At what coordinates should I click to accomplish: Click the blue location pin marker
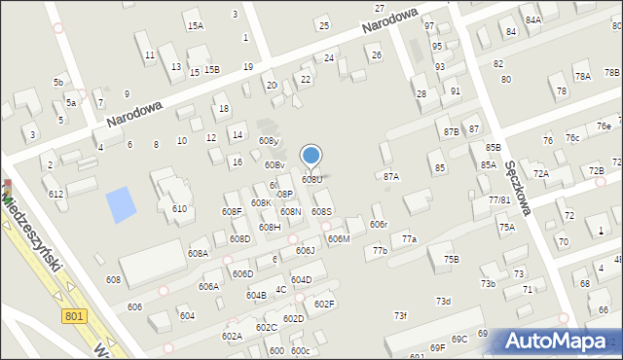tap(311, 156)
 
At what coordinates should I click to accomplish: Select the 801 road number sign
tap(75, 315)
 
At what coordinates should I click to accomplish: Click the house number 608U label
tap(311, 179)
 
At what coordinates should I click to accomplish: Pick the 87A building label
tap(391, 176)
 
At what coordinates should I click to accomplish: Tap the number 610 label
tap(179, 209)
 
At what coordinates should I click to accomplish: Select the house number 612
tap(56, 194)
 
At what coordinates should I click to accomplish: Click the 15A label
tap(196, 25)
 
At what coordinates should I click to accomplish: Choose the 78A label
tap(582, 76)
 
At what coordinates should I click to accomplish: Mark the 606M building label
tap(339, 238)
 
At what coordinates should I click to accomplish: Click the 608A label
tap(198, 253)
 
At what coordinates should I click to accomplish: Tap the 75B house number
tap(451, 259)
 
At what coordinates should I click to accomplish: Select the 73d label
tap(443, 301)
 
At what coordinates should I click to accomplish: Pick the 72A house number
tap(541, 173)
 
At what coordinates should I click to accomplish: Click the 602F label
tap(324, 304)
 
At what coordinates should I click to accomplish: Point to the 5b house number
tap(58, 83)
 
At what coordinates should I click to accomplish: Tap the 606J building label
tap(305, 250)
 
